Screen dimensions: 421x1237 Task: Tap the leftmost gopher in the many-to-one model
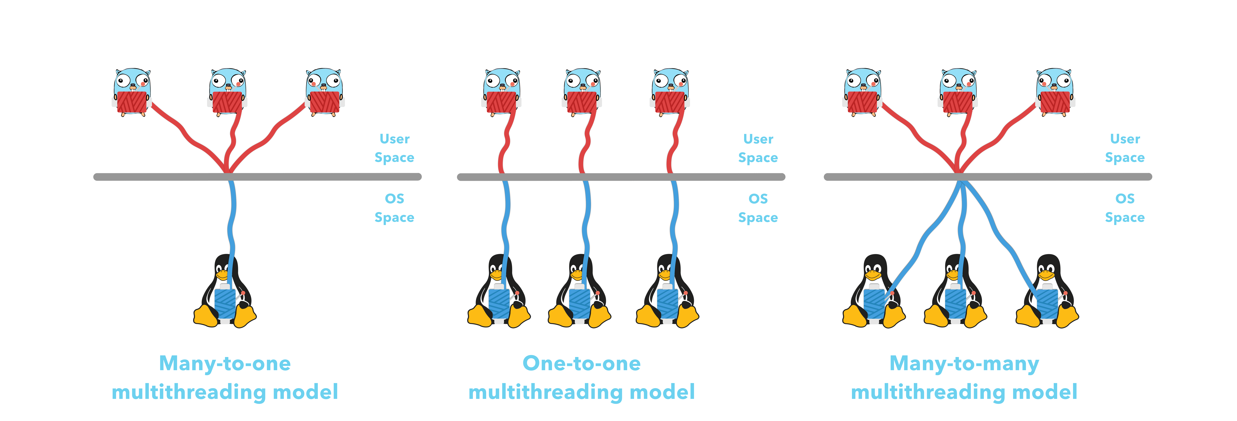coord(132,91)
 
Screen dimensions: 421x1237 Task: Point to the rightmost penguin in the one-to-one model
coord(667,293)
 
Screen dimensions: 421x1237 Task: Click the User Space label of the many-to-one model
coord(394,148)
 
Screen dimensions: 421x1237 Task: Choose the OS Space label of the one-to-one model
coord(758,208)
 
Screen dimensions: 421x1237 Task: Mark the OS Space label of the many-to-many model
coord(1125,208)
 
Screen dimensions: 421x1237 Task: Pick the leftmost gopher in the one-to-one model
coord(501,91)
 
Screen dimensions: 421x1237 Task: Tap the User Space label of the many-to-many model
coord(1125,148)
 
